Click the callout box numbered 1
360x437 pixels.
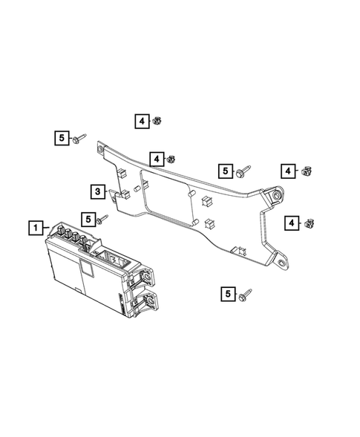[34, 227]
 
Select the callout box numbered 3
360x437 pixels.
[97, 192]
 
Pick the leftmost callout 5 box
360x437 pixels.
[59, 137]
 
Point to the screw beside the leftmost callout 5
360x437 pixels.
[79, 138]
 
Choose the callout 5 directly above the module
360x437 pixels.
[88, 220]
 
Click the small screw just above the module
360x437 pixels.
[105, 218]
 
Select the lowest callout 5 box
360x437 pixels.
[226, 294]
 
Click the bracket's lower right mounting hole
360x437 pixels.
[283, 261]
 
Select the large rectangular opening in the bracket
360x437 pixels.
[166, 200]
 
